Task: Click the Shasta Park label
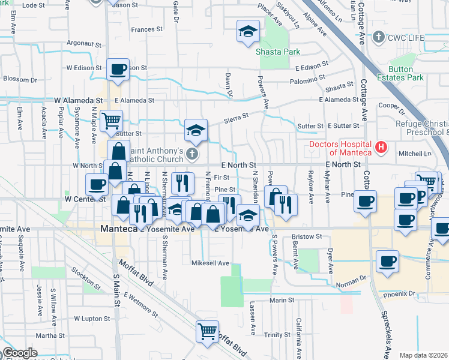click(x=278, y=52)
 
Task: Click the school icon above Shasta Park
click(x=247, y=32)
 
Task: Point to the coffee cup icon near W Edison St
click(x=118, y=68)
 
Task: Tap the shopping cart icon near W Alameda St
click(x=111, y=121)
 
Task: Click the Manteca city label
click(x=119, y=229)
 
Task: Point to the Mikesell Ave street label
click(x=211, y=263)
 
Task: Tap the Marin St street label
click(x=282, y=300)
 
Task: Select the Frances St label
click(x=147, y=29)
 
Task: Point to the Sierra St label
click(x=236, y=117)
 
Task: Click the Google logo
click(x=20, y=353)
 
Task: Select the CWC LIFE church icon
click(x=378, y=38)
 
